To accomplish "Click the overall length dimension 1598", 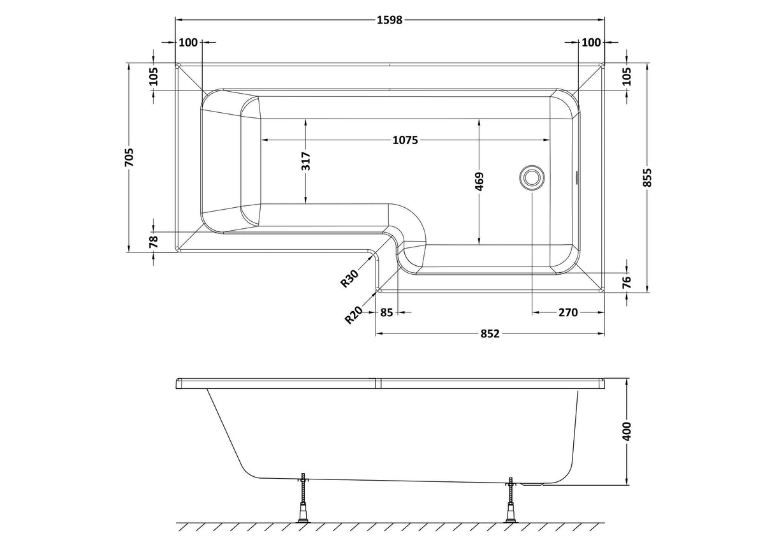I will click(x=390, y=20).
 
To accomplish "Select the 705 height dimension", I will click(x=129, y=157).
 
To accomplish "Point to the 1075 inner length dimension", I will click(x=405, y=140).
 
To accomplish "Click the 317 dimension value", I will click(x=306, y=161).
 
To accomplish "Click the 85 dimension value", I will click(x=386, y=312).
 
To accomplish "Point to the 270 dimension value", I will click(x=567, y=312).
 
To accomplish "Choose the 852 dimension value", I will click(x=488, y=333).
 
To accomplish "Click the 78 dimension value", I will click(x=154, y=242).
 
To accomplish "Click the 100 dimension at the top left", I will click(x=188, y=43).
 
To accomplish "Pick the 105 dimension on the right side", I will click(x=626, y=77).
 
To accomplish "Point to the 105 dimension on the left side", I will click(x=154, y=77).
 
